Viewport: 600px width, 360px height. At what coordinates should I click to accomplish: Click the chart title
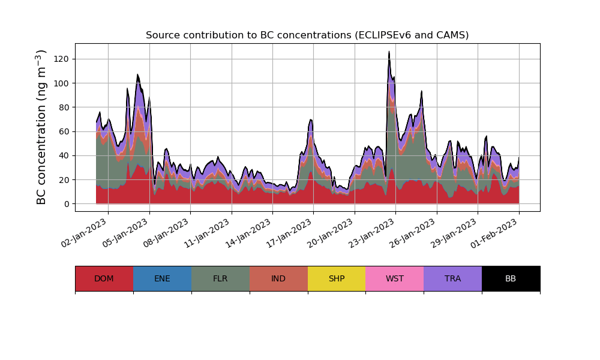click(307, 35)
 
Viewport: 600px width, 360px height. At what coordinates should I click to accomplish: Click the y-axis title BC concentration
click(41, 127)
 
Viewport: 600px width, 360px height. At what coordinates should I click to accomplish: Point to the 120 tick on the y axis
click(62, 59)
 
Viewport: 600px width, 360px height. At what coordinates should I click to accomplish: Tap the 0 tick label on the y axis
click(67, 204)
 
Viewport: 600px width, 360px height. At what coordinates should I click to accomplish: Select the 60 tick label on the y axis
click(64, 131)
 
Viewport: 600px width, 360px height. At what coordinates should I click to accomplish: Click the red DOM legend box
click(104, 278)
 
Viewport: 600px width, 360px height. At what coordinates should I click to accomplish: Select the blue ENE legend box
click(162, 278)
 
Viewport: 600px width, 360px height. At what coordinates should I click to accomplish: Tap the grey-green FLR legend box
click(220, 278)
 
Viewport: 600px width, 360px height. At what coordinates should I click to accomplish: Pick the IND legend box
click(278, 278)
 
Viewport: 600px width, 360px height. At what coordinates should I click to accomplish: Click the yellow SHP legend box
click(337, 278)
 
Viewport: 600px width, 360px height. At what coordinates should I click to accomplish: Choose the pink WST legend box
click(394, 278)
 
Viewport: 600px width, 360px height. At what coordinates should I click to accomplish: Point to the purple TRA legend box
click(452, 278)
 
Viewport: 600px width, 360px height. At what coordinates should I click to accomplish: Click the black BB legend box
click(511, 278)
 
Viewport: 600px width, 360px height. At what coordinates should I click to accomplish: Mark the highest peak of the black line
click(389, 52)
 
